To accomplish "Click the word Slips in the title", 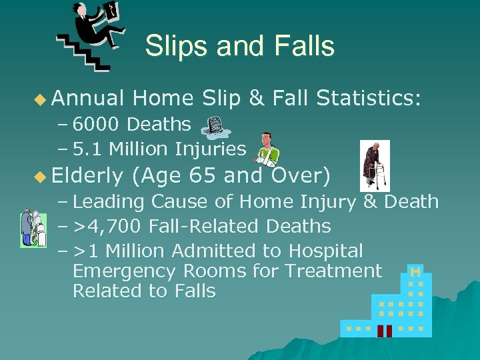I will (175, 46).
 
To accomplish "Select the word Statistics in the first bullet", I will (368, 99).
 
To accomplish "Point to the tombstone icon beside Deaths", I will (215, 125).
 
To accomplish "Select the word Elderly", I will (87, 177).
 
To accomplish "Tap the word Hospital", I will (326, 251).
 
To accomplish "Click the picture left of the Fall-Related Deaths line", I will (32, 228).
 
